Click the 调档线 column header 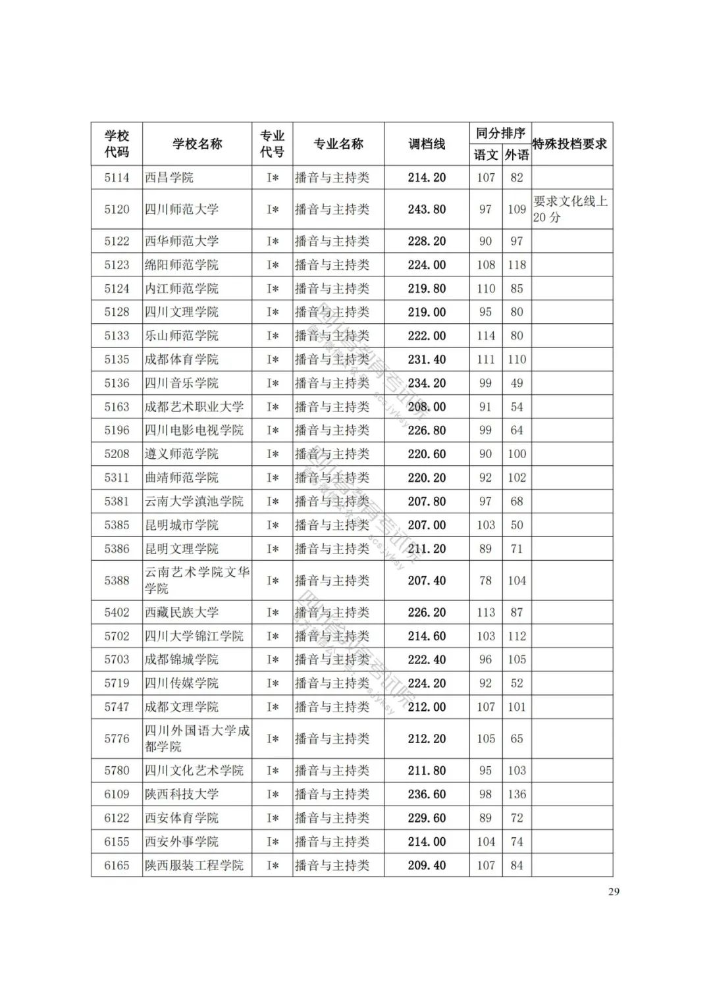427,144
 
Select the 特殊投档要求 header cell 570,144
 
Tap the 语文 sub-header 486,155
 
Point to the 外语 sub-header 517,155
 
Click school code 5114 117,178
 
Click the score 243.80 427,209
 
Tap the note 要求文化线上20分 570,209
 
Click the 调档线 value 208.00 427,407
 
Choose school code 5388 117,580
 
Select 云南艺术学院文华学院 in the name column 197,580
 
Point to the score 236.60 427,794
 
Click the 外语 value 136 517,794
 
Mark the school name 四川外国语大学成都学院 197,738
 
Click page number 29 614,892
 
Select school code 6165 117,865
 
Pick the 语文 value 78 486,580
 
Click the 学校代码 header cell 117,144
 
